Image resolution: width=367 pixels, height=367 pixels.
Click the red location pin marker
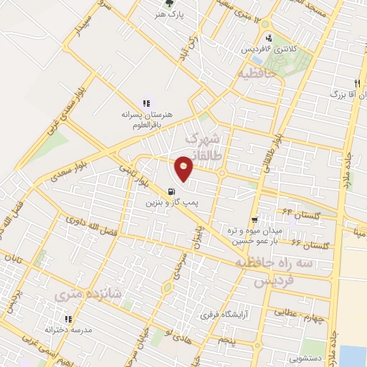185,167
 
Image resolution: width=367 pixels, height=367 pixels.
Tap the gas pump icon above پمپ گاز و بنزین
171,191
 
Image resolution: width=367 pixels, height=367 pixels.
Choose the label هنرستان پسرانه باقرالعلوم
146,119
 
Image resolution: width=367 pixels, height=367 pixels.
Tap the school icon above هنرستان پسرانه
147,103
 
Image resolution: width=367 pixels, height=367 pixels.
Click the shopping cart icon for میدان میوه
254,221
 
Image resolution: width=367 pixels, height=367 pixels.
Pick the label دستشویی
305,353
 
